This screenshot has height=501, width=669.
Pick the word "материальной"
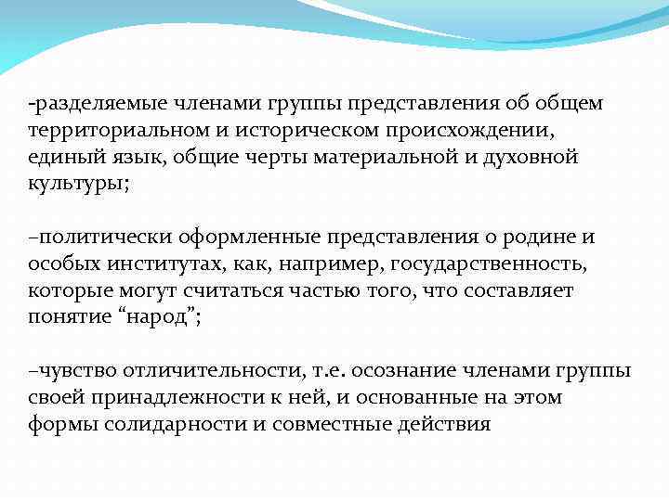point(381,157)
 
